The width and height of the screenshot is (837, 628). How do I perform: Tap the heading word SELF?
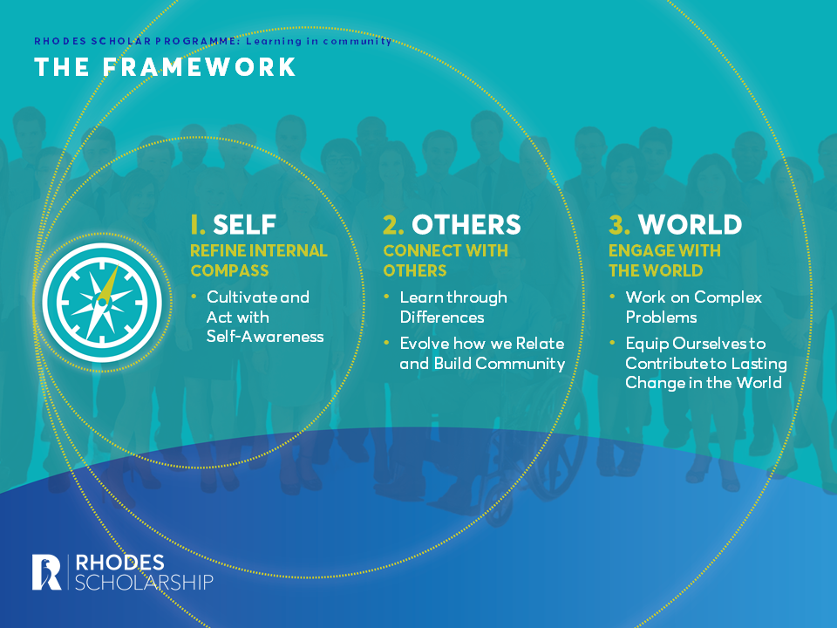[244, 224]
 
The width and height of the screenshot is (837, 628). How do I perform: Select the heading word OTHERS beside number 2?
[466, 224]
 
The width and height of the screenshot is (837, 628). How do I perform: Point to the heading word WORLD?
[691, 224]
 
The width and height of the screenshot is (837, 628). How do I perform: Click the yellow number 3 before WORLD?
[619, 224]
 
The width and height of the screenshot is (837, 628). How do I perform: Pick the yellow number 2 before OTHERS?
[393, 224]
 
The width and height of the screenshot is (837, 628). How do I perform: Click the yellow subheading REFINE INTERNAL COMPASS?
[259, 260]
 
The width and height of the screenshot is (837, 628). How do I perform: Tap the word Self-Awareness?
[265, 336]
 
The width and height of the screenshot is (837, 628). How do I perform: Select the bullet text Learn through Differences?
[453, 307]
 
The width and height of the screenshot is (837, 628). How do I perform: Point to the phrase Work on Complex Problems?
[693, 307]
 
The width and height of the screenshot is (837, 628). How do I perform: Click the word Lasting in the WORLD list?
[759, 363]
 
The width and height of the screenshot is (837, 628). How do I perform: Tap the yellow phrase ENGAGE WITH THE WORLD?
[664, 260]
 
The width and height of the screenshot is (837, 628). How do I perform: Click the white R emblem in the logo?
[46, 571]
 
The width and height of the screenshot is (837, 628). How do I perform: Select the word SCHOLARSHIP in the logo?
[145, 582]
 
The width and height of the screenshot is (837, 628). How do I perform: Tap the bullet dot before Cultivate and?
[194, 297]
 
